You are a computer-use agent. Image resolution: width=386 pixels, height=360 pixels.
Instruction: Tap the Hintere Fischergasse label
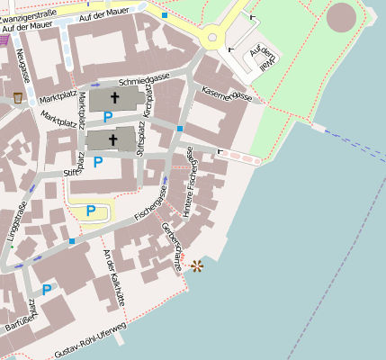pos(190,184)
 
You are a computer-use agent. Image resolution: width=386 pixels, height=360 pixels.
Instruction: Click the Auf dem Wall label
pos(260,57)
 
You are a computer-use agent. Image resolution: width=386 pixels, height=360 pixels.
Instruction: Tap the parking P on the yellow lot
pos(91,211)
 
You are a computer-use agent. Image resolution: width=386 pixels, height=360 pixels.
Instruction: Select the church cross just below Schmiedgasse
pos(114,97)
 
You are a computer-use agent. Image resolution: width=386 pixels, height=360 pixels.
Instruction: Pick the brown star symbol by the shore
pos(197,265)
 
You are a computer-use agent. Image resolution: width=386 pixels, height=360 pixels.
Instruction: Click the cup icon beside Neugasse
pos(17,97)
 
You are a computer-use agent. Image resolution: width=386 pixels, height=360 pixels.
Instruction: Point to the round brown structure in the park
pos(341,17)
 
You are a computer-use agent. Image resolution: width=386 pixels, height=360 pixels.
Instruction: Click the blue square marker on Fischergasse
pos(71,241)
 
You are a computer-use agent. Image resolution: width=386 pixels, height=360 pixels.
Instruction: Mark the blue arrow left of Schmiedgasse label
pos(95,85)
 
